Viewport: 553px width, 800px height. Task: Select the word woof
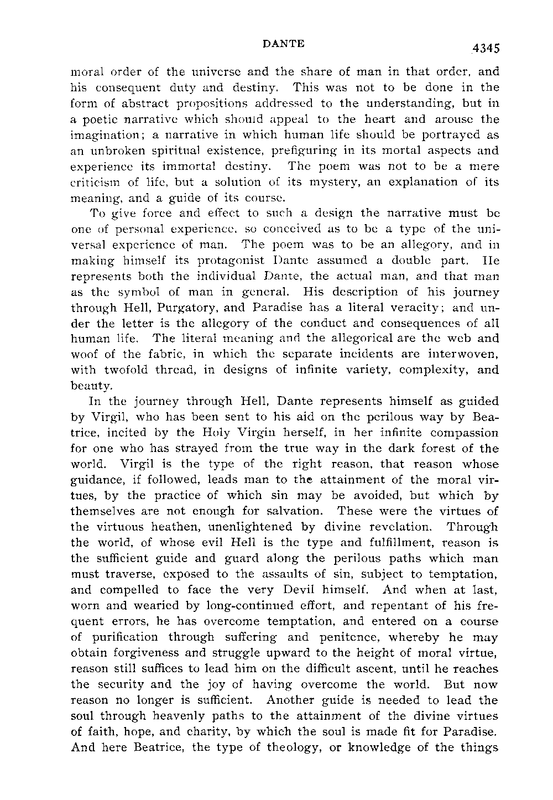pos(86,354)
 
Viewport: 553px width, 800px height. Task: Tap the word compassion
pos(462,433)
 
